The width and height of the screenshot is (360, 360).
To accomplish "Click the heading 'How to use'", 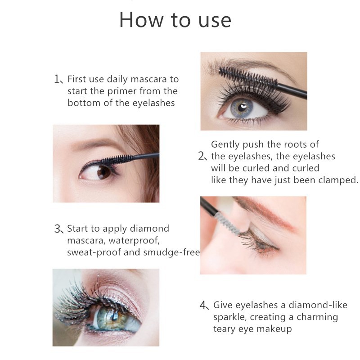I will pyautogui.click(x=175, y=20).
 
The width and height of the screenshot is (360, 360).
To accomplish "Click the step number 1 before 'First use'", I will pyautogui.click(x=58, y=80).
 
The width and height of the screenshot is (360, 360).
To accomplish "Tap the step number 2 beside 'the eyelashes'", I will pyautogui.click(x=202, y=157).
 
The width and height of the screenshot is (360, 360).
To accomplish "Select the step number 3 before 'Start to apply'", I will pyautogui.click(x=58, y=229).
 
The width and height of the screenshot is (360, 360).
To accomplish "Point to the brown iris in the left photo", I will pyautogui.click(x=104, y=172).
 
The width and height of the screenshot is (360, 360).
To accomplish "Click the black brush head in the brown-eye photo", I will pyautogui.click(x=117, y=159).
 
